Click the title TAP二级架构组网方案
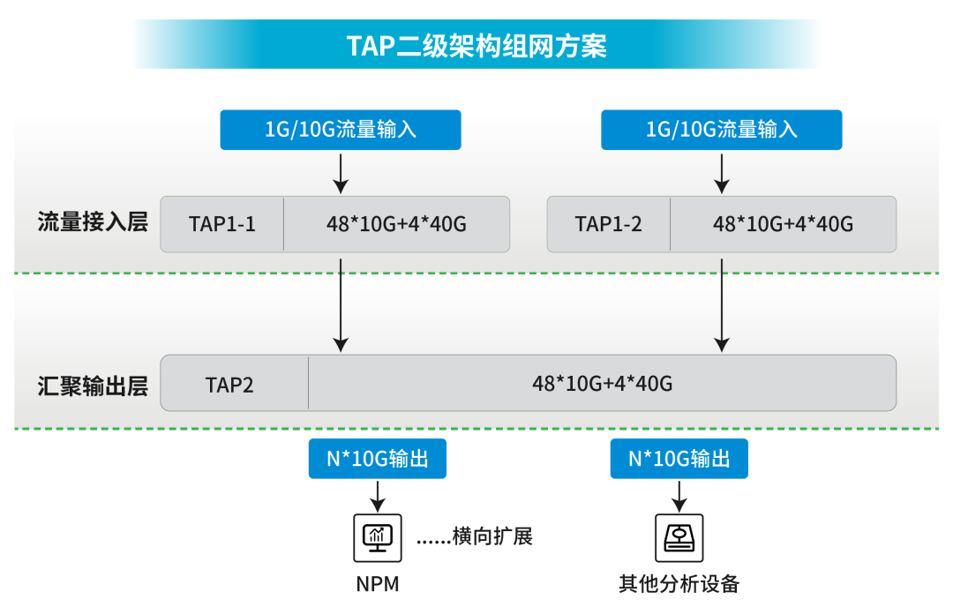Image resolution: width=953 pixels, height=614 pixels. (476, 45)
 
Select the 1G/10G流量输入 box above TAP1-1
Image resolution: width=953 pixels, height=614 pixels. (341, 130)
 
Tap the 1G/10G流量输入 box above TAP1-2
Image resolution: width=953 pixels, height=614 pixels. (722, 130)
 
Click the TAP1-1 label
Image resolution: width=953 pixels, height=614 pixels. (222, 224)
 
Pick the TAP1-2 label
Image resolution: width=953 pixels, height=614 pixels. (609, 224)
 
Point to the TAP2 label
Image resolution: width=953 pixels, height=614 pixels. (230, 385)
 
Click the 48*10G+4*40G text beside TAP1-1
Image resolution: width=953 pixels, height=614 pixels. (396, 224)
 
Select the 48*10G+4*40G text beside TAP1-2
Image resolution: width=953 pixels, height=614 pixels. (783, 224)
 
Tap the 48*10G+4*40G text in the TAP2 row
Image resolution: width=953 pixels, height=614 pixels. (602, 384)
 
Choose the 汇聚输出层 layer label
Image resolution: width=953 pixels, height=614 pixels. (92, 386)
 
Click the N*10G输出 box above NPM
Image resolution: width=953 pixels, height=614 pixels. (378, 459)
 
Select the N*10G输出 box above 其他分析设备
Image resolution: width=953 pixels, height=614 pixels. (679, 459)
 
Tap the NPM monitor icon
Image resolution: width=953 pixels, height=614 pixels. (378, 537)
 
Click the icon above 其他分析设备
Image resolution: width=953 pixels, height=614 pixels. (679, 537)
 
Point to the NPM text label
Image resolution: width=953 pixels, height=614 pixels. (378, 584)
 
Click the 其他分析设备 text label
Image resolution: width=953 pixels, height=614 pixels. (679, 584)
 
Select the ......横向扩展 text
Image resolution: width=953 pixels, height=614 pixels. (475, 536)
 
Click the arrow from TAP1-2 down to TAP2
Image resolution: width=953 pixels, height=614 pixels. (722, 304)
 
